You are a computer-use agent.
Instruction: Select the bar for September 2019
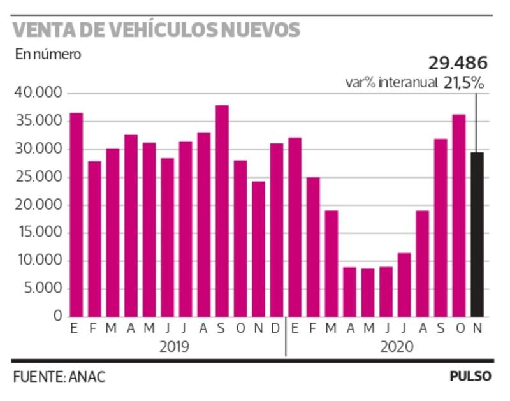click(222, 211)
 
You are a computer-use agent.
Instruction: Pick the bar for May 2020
click(368, 293)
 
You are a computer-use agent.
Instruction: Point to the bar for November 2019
click(258, 249)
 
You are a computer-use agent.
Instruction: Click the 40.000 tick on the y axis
click(38, 94)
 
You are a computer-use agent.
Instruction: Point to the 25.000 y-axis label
click(38, 177)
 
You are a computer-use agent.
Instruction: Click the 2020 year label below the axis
click(397, 347)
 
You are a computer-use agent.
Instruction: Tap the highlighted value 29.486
click(457, 63)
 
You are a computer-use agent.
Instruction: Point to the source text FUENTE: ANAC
click(59, 376)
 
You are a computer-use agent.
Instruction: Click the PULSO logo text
click(470, 376)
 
